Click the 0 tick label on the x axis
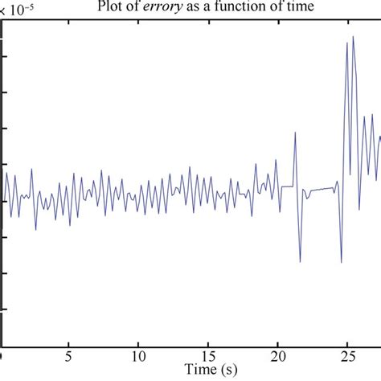pyautogui.click(x=2, y=354)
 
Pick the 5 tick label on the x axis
pyautogui.click(x=70, y=354)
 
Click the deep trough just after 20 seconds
pyautogui.click(x=300, y=261)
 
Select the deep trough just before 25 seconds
pyautogui.click(x=342, y=260)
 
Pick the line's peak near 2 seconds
pyautogui.click(x=31, y=169)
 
